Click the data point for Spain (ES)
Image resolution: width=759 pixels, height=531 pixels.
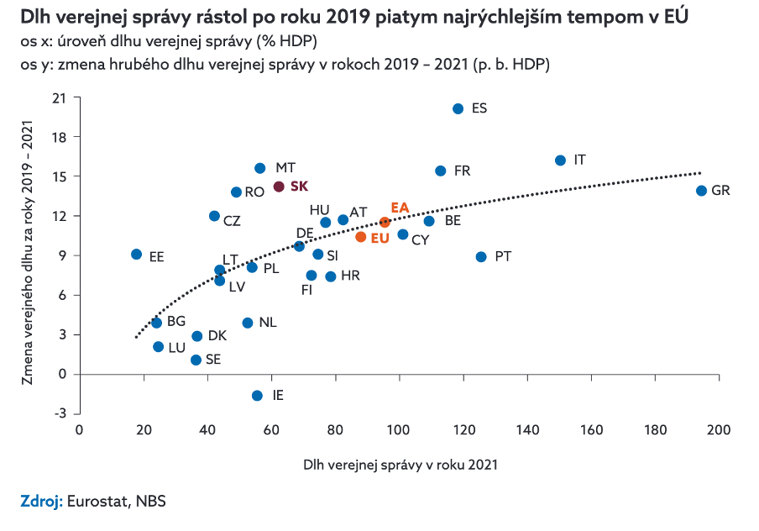point(458,109)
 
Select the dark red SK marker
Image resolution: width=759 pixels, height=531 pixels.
point(279,187)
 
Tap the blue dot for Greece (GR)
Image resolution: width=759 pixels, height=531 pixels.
point(701,191)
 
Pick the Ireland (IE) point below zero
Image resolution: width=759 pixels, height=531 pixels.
point(257,396)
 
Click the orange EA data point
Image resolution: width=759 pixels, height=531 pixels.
point(385,222)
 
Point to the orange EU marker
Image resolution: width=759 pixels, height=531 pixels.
point(361,237)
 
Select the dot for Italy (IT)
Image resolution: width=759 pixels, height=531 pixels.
point(561,160)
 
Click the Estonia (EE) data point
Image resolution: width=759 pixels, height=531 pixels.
point(136,254)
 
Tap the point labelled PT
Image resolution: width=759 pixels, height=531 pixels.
point(481,256)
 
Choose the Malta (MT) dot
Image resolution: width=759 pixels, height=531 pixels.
point(259,168)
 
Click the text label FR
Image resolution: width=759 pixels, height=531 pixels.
point(462,171)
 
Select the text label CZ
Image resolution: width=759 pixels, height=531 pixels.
point(232,220)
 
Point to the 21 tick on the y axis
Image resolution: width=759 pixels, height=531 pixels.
point(60,97)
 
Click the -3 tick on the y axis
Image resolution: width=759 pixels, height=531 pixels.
point(59,413)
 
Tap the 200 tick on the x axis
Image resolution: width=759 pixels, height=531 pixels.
point(718,430)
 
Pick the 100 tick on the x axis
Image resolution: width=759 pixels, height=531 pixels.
point(399,430)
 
